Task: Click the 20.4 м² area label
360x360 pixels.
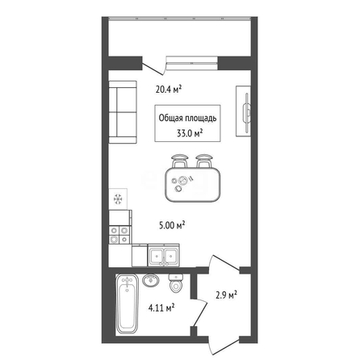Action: point(169,89)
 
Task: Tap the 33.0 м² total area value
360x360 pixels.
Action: point(190,133)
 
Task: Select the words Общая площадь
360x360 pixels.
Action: point(187,119)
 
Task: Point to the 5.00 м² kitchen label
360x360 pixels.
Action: point(172,225)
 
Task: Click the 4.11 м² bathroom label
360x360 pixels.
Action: point(161,308)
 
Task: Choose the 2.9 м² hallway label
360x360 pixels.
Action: point(226,295)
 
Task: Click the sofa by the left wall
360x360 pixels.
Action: point(123,112)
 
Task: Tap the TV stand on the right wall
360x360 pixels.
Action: point(244,111)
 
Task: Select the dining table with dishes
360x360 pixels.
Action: point(193,185)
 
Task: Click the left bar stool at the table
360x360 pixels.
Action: point(179,161)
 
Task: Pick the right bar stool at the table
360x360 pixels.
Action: point(203,161)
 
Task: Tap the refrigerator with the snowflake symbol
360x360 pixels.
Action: point(118,199)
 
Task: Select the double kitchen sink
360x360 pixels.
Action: point(163,255)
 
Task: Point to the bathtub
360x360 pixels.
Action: point(127,305)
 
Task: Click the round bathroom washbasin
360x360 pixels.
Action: point(151,281)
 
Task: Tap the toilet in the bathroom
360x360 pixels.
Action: point(176,283)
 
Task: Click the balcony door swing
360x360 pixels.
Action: point(153,69)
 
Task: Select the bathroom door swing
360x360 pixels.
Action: point(200,312)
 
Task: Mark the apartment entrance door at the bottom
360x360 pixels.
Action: point(224,347)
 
